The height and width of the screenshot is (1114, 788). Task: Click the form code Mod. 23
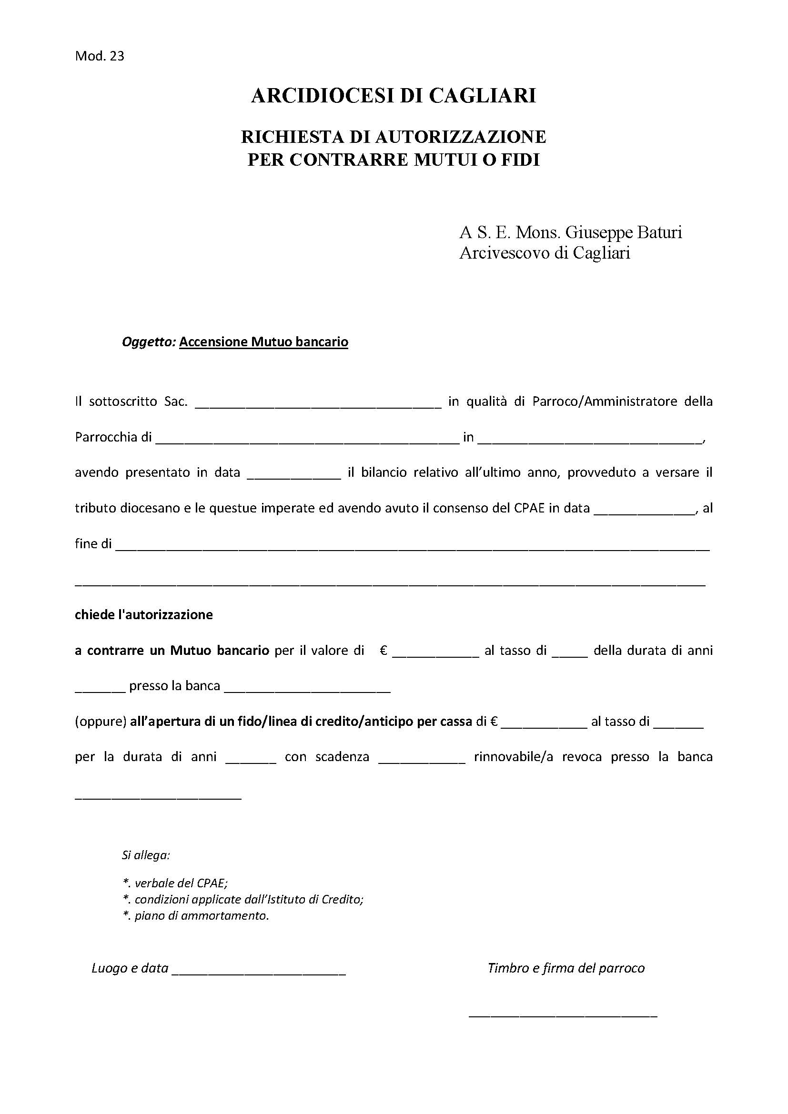coord(100,56)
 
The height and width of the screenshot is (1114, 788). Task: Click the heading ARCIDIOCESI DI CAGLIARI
coord(394,96)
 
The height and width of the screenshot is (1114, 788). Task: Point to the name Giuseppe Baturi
coord(624,232)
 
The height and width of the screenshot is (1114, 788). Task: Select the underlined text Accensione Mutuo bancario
coord(263,342)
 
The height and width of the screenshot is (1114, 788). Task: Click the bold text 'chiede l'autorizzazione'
coord(143,615)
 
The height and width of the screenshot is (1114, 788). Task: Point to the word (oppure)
coord(101,722)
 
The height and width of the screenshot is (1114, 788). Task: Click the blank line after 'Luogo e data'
coord(259,971)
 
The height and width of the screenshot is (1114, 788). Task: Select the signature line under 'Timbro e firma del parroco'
coord(563,1014)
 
